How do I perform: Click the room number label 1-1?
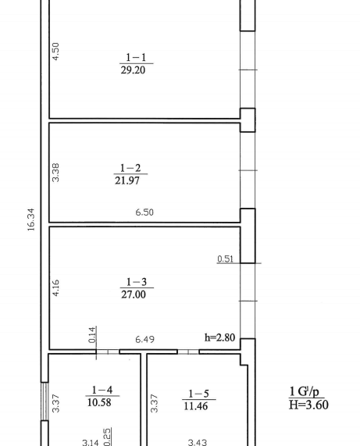pyautogui.click(x=136, y=58)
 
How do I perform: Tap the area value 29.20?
pyautogui.click(x=133, y=70)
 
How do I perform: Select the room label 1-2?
pyautogui.click(x=130, y=168)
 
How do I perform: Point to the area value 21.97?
pyautogui.click(x=127, y=180)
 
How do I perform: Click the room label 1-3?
pyautogui.click(x=137, y=282)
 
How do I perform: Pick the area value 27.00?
pyautogui.click(x=134, y=294)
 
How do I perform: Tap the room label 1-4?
pyautogui.click(x=102, y=390)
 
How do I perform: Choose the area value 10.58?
pyautogui.click(x=99, y=402)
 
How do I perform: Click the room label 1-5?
pyautogui.click(x=199, y=394)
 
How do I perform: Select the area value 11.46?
pyautogui.click(x=196, y=406)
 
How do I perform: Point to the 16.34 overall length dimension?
pyautogui.click(x=31, y=219)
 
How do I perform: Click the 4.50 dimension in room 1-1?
pyautogui.click(x=55, y=52)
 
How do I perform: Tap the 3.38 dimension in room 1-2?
pyautogui.click(x=55, y=173)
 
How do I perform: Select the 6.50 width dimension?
pyautogui.click(x=144, y=212)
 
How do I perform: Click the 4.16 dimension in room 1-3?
pyautogui.click(x=55, y=288)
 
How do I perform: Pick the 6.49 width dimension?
pyautogui.click(x=144, y=339)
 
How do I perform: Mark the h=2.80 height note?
pyautogui.click(x=219, y=337)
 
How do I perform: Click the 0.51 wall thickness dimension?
pyautogui.click(x=225, y=259)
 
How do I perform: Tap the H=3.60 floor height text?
pyautogui.click(x=308, y=405)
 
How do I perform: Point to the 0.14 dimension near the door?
pyautogui.click(x=92, y=335)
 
